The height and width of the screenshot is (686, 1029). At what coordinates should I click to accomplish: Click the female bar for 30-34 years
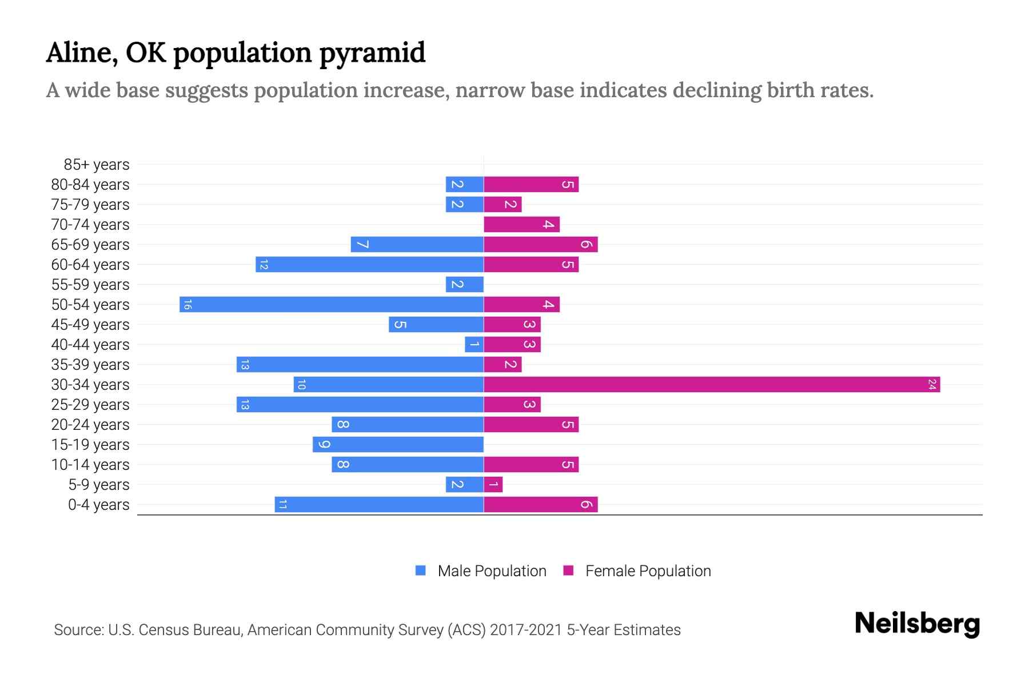pyautogui.click(x=712, y=385)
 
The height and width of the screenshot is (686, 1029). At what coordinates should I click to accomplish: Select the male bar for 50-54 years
pyautogui.click(x=332, y=305)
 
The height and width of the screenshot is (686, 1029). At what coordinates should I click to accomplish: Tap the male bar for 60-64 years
pyautogui.click(x=369, y=265)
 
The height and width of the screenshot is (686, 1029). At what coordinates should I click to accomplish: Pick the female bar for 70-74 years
pyautogui.click(x=521, y=225)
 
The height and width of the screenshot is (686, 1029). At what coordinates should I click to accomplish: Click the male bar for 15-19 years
pyautogui.click(x=398, y=445)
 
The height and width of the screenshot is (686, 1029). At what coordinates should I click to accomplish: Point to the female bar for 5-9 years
pyautogui.click(x=493, y=485)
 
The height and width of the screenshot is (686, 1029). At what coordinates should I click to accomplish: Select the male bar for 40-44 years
pyautogui.click(x=474, y=345)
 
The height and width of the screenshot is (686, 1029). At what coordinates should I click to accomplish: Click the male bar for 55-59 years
pyautogui.click(x=464, y=285)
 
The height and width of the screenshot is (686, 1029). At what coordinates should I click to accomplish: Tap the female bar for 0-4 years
pyautogui.click(x=540, y=505)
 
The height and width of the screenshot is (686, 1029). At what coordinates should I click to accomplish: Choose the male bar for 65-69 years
pyautogui.click(x=417, y=245)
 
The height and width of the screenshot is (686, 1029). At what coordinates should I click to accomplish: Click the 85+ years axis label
pyautogui.click(x=97, y=165)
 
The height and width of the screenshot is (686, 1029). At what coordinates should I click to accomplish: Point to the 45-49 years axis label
pyautogui.click(x=90, y=325)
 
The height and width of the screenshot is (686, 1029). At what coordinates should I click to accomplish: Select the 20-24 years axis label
pyautogui.click(x=90, y=425)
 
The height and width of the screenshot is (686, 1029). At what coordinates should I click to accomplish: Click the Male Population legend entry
pyautogui.click(x=491, y=571)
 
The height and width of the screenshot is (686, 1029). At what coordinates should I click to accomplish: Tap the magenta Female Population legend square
pyautogui.click(x=568, y=571)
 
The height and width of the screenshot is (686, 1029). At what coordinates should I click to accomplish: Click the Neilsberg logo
pyautogui.click(x=917, y=624)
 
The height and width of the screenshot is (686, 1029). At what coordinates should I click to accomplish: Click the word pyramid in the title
pyautogui.click(x=372, y=53)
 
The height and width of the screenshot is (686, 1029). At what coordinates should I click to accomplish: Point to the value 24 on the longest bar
pyautogui.click(x=932, y=385)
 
